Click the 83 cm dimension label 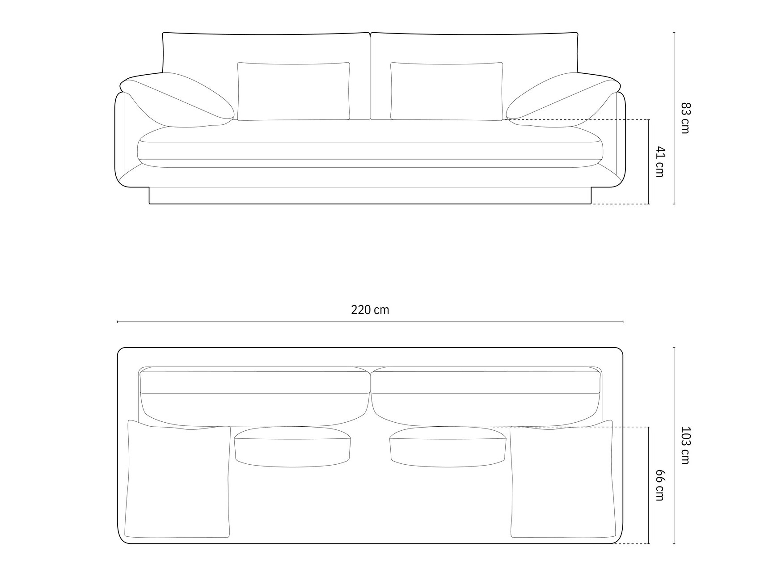(x=685, y=118)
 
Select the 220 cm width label (x=370, y=310)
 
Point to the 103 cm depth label (x=685, y=445)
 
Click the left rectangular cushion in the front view (x=294, y=91)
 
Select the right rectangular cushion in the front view (x=447, y=91)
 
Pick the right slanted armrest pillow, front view (x=562, y=100)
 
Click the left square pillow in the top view (x=178, y=479)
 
